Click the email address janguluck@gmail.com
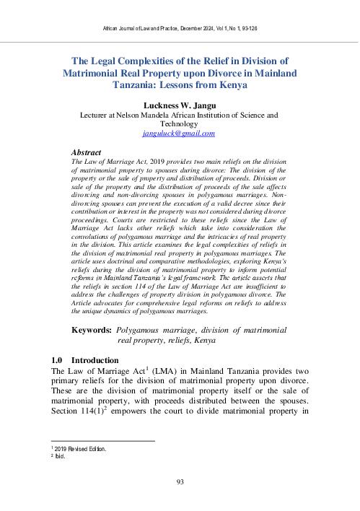tap(179, 134)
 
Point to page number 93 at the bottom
tap(179, 481)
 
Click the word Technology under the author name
tap(179, 123)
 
